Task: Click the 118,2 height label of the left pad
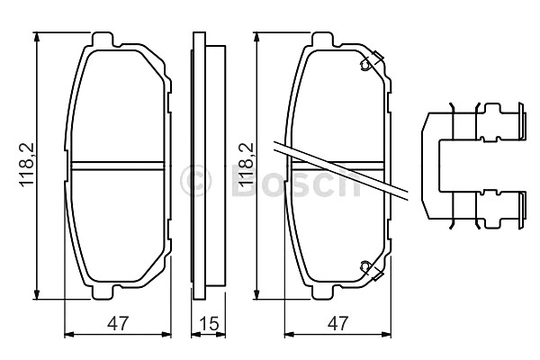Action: (27, 165)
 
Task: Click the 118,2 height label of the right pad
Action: (247, 165)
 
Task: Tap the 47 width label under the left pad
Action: (118, 323)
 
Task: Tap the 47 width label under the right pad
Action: (337, 323)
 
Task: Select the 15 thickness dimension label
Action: (209, 323)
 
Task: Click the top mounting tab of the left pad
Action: (103, 40)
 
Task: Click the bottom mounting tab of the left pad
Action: (103, 292)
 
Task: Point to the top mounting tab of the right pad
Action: (323, 40)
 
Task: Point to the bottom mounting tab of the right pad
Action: (322, 292)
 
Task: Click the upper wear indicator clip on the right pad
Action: (371, 60)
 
